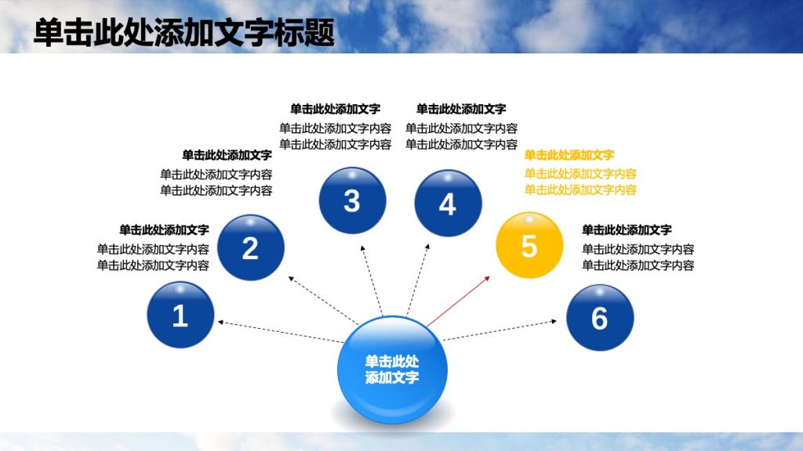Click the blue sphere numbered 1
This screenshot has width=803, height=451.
pos(180,315)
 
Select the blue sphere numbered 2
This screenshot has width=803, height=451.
pos(250,247)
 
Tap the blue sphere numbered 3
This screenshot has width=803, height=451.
pos(352,200)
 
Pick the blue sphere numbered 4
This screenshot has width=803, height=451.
pos(447,204)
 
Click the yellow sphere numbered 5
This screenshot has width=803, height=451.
pos(529,245)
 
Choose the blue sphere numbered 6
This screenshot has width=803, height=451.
pos(599,317)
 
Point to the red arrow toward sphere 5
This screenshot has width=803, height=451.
pos(459,301)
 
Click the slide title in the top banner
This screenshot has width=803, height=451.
pos(184,34)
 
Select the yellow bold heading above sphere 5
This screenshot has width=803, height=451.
pos(569,155)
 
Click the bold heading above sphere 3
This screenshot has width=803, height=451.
pos(335,110)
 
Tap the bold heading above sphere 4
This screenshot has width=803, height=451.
pos(461,110)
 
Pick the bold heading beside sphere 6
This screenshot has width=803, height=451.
pos(627,230)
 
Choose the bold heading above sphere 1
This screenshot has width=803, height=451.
pos(164,230)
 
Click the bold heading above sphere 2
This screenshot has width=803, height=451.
pos(227,155)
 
